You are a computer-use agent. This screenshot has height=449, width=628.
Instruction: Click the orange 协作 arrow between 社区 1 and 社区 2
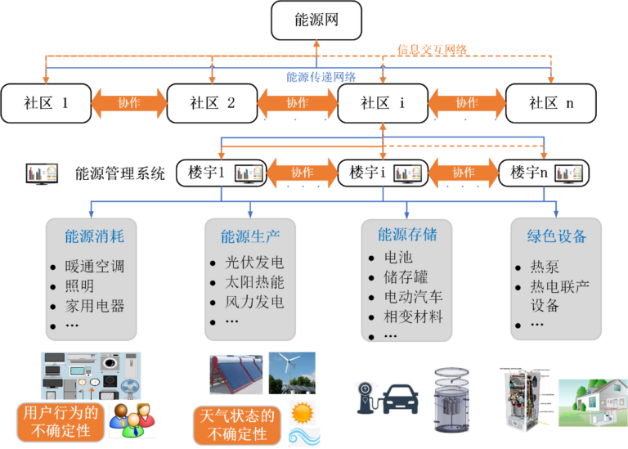(129, 103)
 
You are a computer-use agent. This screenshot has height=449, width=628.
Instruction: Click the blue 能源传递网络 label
(321, 77)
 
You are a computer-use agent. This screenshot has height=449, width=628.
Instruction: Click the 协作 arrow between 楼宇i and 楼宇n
(464, 173)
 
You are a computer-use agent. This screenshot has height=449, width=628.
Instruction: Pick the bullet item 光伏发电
(254, 263)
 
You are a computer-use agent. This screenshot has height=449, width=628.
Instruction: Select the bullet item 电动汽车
(414, 296)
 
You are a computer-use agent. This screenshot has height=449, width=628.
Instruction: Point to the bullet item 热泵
(545, 267)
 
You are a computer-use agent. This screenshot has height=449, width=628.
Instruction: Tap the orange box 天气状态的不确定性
(236, 424)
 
